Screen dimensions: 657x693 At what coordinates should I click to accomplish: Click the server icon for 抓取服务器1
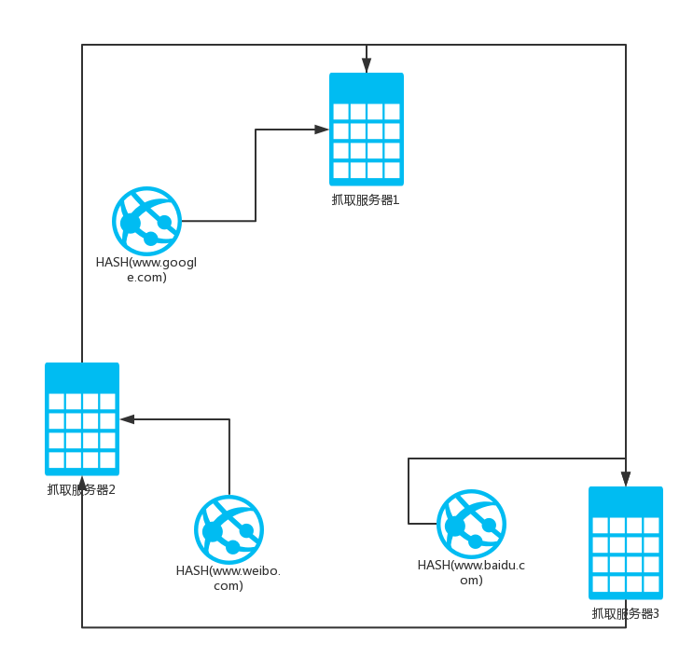(367, 130)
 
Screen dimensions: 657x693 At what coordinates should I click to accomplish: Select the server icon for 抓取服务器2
(82, 419)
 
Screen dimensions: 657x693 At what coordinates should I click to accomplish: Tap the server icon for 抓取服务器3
(626, 543)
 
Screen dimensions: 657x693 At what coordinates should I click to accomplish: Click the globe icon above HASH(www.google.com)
(147, 221)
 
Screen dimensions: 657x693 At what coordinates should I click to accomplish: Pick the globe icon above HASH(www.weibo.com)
(229, 529)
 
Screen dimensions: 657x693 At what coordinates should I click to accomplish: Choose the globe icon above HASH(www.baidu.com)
(472, 524)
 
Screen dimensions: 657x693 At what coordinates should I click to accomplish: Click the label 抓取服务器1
(366, 199)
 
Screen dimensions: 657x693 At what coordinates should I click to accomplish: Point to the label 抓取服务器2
(81, 489)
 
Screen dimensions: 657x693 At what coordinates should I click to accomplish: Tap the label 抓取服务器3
(626, 613)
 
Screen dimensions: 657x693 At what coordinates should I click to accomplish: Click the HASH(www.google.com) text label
(147, 269)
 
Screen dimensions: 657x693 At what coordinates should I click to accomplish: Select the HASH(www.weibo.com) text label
(229, 578)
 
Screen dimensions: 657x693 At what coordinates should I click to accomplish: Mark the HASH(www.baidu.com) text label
(471, 572)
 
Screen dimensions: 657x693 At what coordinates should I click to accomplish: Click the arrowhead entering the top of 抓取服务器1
(367, 65)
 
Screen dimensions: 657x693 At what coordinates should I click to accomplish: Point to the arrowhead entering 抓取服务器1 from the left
(322, 130)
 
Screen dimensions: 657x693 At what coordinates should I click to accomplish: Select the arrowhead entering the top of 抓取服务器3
(626, 478)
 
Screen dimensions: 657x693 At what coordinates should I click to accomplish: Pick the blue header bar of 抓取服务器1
(367, 86)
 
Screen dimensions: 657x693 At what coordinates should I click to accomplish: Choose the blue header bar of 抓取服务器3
(626, 500)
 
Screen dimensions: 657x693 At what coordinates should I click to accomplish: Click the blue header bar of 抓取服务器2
(82, 376)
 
